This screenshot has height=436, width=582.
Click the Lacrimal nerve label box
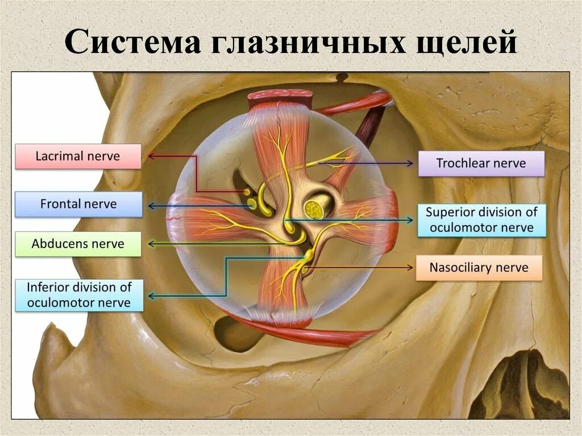pyautogui.click(x=78, y=156)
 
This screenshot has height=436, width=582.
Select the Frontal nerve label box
pyautogui.click(x=78, y=204)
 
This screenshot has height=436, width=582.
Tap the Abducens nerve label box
pyautogui.click(x=78, y=244)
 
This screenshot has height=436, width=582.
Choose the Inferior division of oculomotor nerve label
pyautogui.click(x=78, y=295)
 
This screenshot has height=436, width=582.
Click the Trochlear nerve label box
pyautogui.click(x=481, y=164)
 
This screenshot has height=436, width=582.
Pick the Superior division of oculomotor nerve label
pyautogui.click(x=481, y=220)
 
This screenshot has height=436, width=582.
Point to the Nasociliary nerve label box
pyautogui.click(x=479, y=268)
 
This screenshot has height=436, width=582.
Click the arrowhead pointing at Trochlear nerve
pyautogui.click(x=410, y=164)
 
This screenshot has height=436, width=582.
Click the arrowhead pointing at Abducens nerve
pyautogui.click(x=152, y=244)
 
